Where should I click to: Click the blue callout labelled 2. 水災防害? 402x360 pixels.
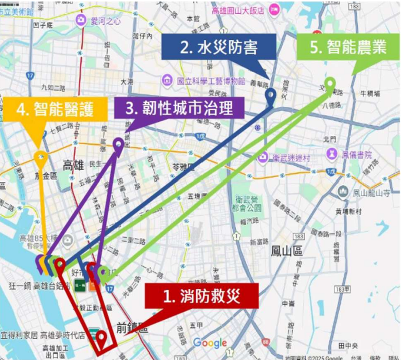218,47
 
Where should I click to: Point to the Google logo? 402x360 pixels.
210,343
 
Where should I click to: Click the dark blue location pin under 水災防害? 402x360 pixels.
270,95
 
